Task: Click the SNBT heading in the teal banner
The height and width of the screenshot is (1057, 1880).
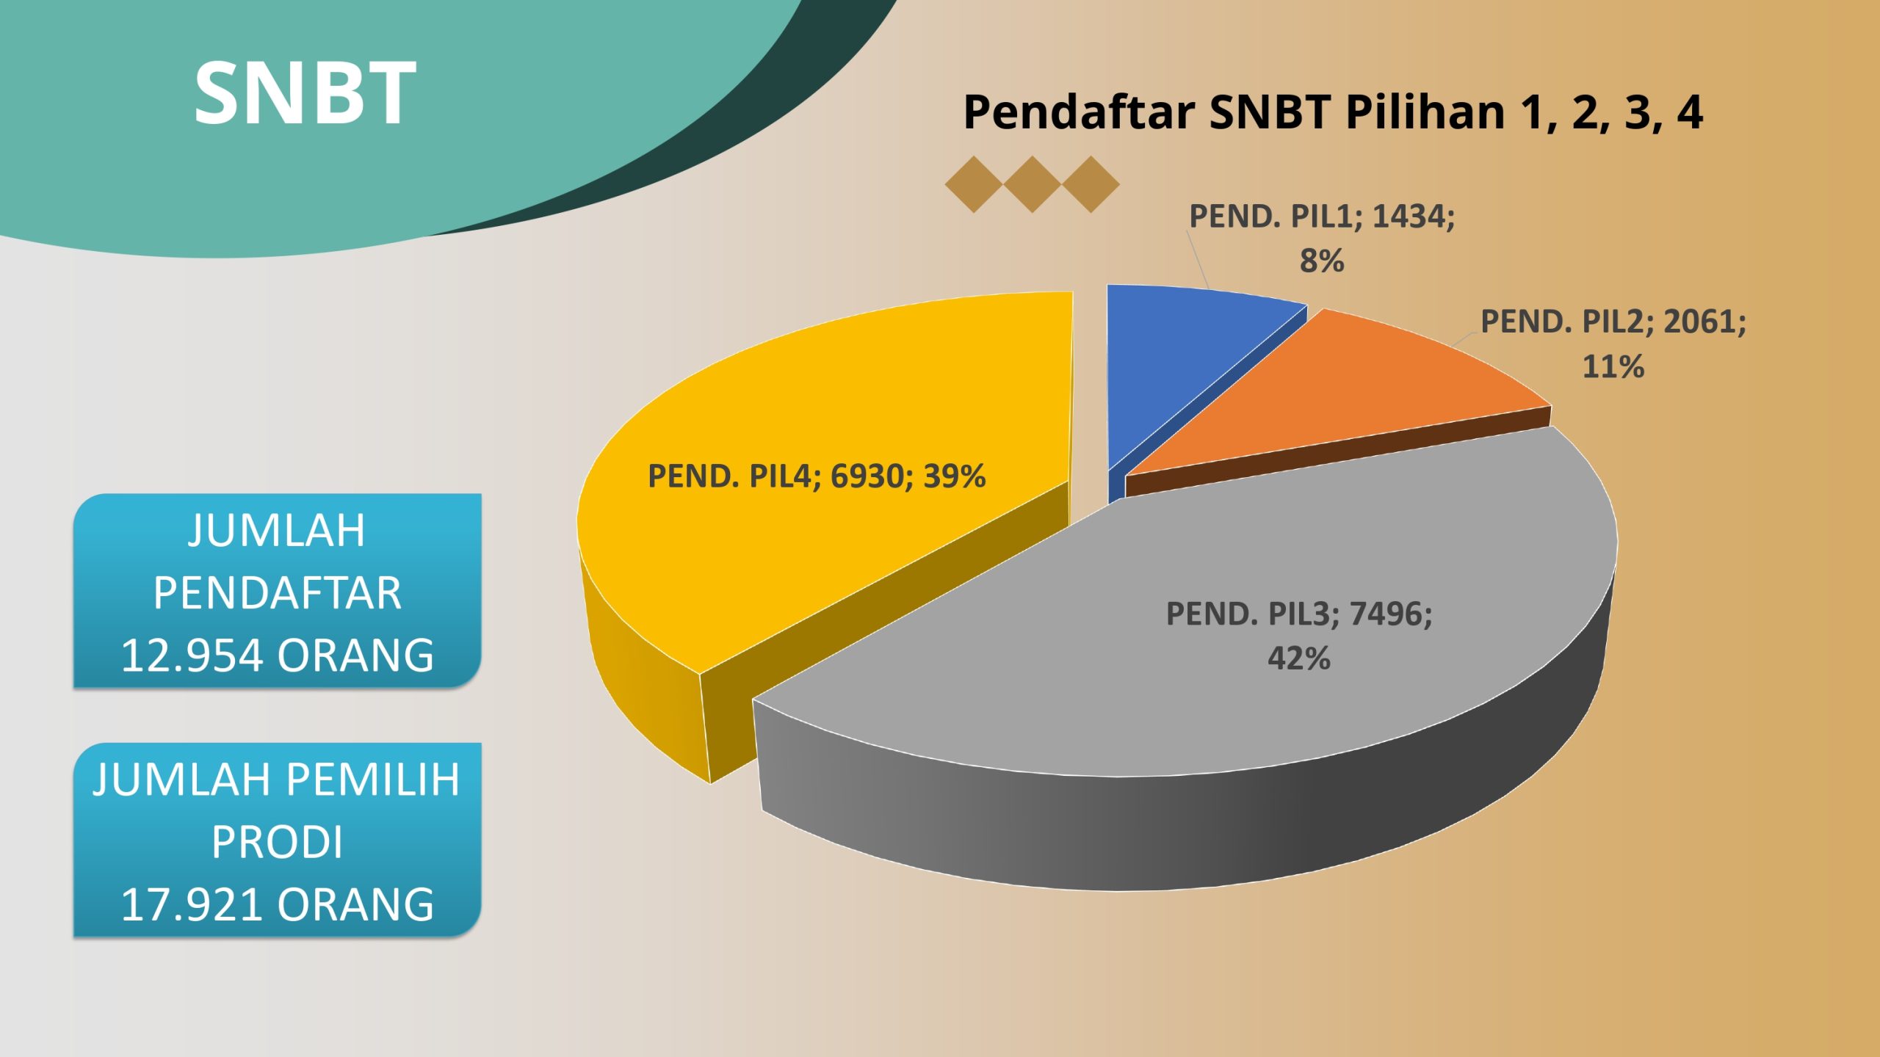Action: pyautogui.click(x=305, y=93)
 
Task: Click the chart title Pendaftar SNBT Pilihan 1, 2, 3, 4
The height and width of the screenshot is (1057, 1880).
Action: pyautogui.click(x=1332, y=112)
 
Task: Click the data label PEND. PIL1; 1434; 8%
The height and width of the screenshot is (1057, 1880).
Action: pyautogui.click(x=1322, y=239)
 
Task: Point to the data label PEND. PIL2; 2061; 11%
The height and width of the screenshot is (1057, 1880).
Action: pyautogui.click(x=1613, y=344)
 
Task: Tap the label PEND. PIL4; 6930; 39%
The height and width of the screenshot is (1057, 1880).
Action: pyautogui.click(x=817, y=476)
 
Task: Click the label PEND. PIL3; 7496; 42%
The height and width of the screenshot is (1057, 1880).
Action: pyautogui.click(x=1299, y=636)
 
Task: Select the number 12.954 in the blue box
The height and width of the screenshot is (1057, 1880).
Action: pyautogui.click(x=192, y=655)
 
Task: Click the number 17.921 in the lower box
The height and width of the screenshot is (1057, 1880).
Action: pyautogui.click(x=192, y=904)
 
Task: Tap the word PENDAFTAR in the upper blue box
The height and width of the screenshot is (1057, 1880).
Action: pyautogui.click(x=278, y=593)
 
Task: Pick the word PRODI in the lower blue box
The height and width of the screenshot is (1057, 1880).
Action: pyautogui.click(x=278, y=842)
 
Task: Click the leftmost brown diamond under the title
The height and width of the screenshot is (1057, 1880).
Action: pyautogui.click(x=974, y=184)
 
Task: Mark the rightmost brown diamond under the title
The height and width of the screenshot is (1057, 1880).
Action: pyautogui.click(x=1091, y=184)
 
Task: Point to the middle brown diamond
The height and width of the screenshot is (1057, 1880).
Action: pyautogui.click(x=1032, y=184)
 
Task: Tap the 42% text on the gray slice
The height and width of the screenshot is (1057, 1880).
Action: pyautogui.click(x=1299, y=658)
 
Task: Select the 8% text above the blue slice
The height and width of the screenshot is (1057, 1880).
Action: pyautogui.click(x=1322, y=261)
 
